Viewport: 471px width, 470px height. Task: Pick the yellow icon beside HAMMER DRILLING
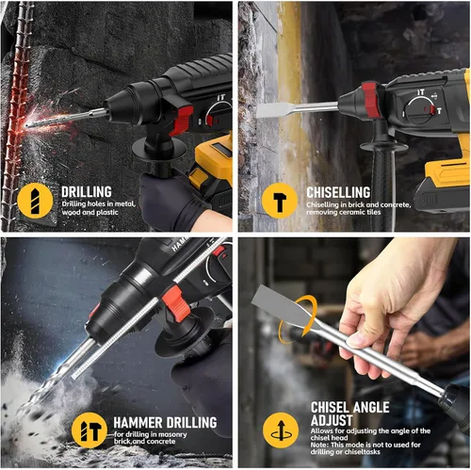(89, 430)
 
